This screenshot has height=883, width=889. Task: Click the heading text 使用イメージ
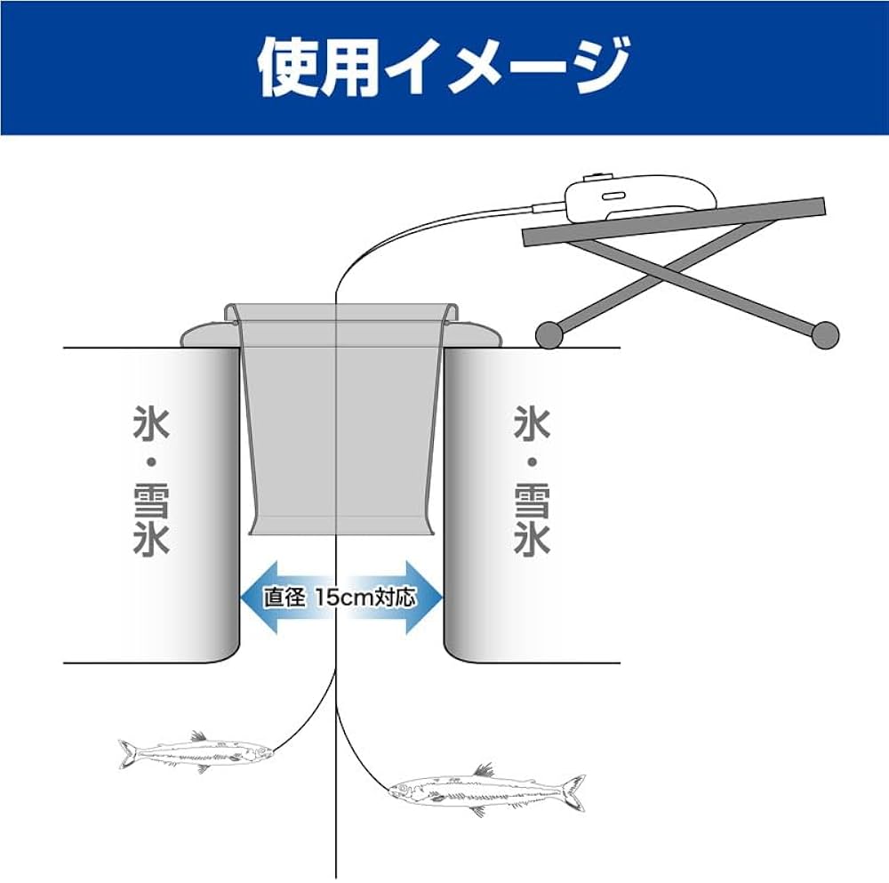pyautogui.click(x=443, y=66)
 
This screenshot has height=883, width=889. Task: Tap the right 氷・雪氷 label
pyautogui.click(x=533, y=480)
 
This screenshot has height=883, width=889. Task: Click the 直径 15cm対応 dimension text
pyautogui.click(x=340, y=597)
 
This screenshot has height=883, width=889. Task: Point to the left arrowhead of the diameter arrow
pyautogui.click(x=253, y=597)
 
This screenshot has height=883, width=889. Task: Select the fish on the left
pyautogui.click(x=196, y=752)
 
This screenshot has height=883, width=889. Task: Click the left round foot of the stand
pyautogui.click(x=549, y=333)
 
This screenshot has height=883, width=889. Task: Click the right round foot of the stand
pyautogui.click(x=825, y=333)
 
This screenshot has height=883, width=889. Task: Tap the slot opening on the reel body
pyautogui.click(x=614, y=196)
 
